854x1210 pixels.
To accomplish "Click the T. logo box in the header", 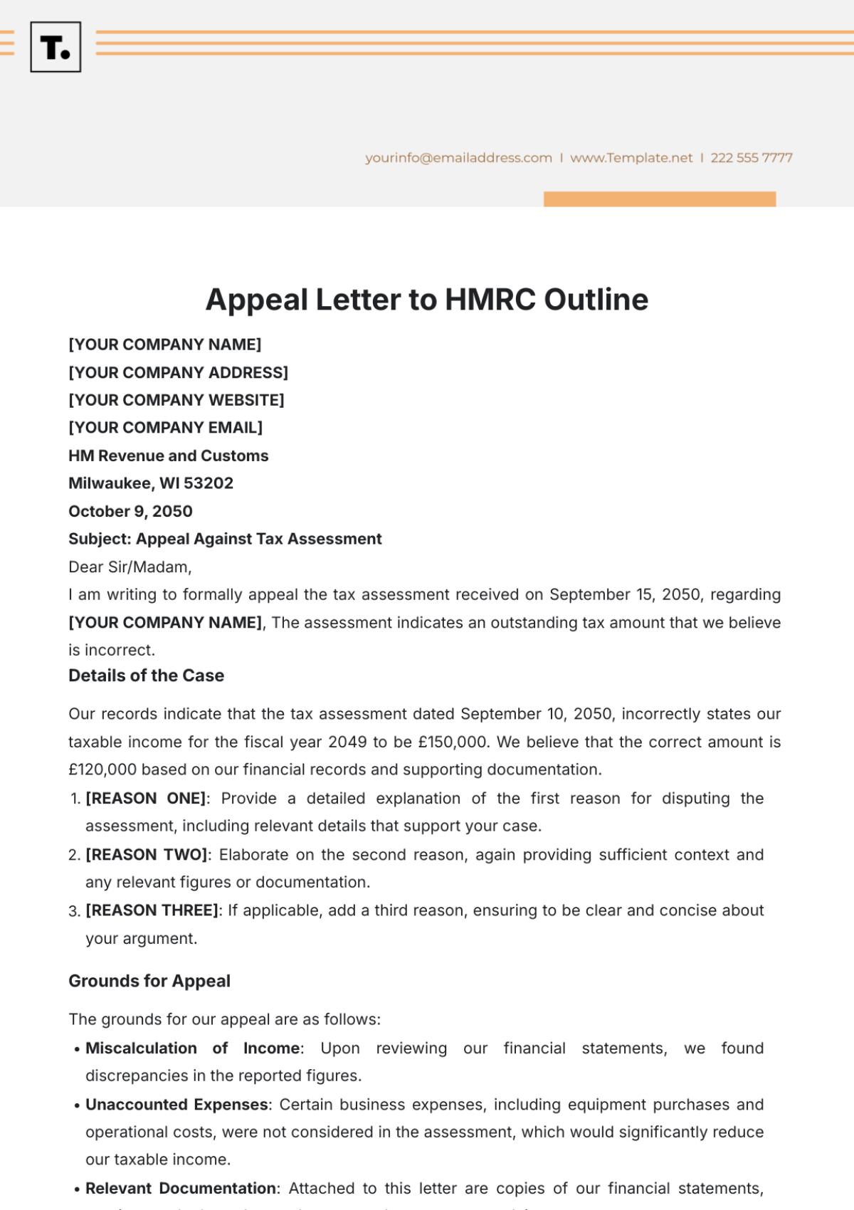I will click(56, 47).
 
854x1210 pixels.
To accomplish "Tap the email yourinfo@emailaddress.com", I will click(458, 158).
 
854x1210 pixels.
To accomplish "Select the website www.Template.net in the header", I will click(631, 158).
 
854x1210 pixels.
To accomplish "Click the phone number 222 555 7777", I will click(752, 158).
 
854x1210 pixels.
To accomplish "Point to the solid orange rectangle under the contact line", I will click(659, 199).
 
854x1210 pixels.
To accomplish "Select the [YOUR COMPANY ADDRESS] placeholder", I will click(178, 372).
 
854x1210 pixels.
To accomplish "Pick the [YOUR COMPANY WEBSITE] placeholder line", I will click(176, 400).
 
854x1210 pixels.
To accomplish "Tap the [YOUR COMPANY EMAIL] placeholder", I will click(165, 428).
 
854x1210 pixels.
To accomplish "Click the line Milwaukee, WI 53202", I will click(151, 483).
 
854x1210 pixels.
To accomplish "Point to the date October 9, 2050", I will click(130, 511).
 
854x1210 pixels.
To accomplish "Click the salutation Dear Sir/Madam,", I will click(130, 567).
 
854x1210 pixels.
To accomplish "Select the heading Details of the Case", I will click(146, 675).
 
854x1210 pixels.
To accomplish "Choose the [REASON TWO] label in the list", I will click(147, 855).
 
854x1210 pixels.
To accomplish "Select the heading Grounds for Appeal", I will click(149, 981).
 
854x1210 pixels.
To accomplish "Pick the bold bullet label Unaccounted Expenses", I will click(177, 1105).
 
